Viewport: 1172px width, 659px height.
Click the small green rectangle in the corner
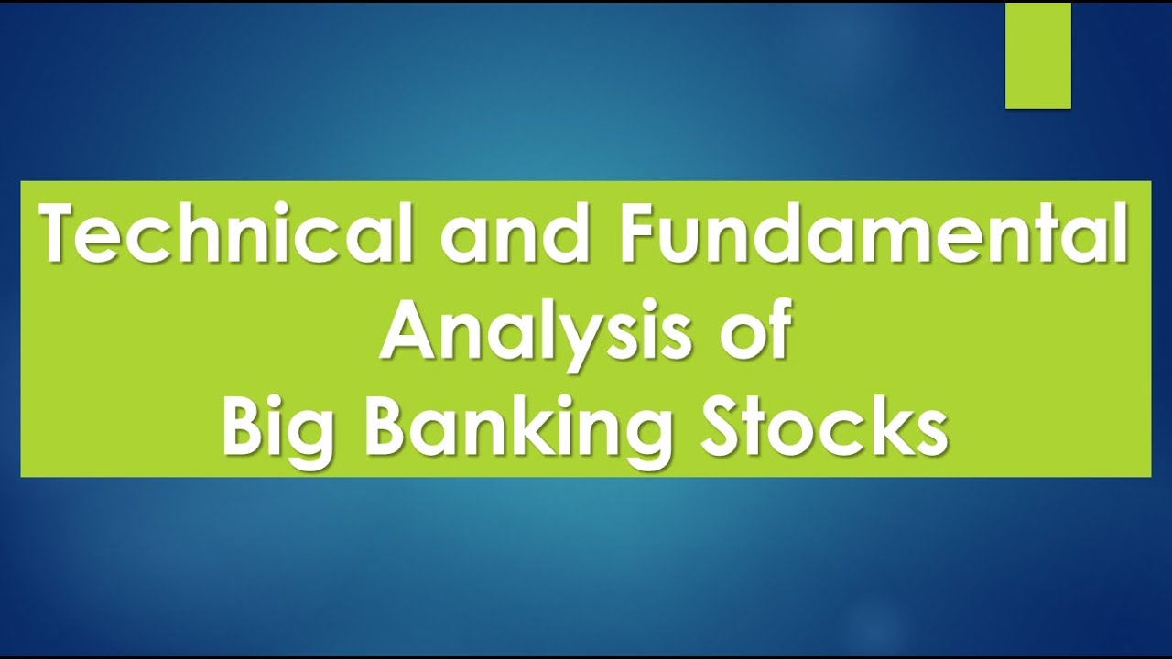(1037, 56)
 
